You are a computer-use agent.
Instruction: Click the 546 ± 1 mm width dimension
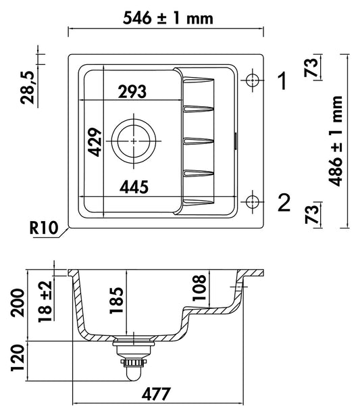[x=168, y=18]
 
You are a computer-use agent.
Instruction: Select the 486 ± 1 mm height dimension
[x=335, y=141]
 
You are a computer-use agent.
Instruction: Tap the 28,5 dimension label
[x=28, y=88]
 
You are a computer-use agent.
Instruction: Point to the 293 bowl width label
[x=132, y=91]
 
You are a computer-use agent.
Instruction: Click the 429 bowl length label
[x=95, y=142]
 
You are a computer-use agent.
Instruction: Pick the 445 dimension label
[x=134, y=187]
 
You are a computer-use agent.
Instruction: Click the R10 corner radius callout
[x=44, y=228]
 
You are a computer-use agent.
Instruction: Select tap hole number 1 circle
[x=253, y=80]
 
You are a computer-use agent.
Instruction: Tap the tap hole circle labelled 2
[x=253, y=201]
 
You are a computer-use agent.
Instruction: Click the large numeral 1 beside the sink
[x=283, y=80]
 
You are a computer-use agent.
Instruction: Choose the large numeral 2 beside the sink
[x=284, y=203]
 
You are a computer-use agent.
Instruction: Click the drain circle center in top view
[x=134, y=141]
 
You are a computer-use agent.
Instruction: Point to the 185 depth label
[x=117, y=300]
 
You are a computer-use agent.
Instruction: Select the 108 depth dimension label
[x=199, y=288]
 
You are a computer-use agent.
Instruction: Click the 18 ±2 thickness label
[x=45, y=301]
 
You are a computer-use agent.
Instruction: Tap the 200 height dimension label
[x=17, y=303]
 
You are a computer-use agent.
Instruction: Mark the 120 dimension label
[x=17, y=358]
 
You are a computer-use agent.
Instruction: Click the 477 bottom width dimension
[x=156, y=394]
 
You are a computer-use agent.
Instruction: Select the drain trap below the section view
[x=134, y=359]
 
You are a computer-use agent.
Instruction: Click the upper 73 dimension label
[x=311, y=67]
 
